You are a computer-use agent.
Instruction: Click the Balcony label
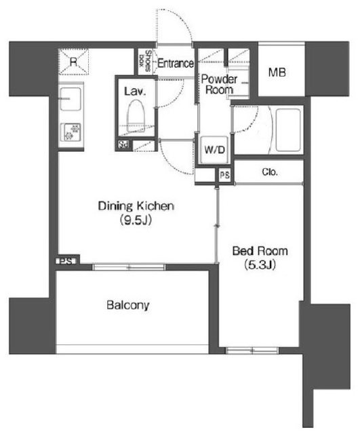128,305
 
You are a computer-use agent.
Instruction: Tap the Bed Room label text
260,251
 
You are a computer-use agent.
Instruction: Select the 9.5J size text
136,220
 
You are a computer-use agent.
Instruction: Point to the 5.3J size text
260,265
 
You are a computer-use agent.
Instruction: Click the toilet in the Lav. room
136,116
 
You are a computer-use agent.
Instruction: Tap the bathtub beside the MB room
288,130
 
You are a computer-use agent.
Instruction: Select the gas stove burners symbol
71,132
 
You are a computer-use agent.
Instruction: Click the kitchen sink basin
71,99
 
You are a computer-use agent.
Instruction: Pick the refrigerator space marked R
74,62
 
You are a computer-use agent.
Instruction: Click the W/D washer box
215,150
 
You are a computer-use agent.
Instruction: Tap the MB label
277,73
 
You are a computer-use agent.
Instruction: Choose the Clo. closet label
270,172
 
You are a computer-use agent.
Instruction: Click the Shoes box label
146,61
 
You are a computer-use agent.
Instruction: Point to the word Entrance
176,63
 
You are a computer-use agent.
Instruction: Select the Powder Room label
219,84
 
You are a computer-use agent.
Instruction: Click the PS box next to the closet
224,175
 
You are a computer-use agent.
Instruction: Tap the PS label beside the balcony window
66,260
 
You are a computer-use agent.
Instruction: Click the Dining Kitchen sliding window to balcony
129,267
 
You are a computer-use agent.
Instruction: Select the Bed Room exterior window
252,351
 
